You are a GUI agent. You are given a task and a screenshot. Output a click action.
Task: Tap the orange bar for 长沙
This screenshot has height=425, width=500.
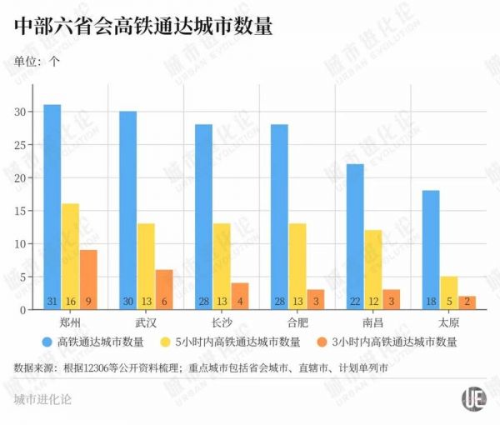tap(240, 297)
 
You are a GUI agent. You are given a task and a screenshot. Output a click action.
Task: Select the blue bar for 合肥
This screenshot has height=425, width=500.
tap(279, 217)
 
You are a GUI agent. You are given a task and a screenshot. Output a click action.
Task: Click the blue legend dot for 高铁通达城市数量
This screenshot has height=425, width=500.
tap(47, 341)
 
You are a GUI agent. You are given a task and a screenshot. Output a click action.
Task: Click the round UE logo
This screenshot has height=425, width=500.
tap(474, 397)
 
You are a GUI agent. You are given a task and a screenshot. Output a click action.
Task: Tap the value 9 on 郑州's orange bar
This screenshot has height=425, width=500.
tap(89, 301)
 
